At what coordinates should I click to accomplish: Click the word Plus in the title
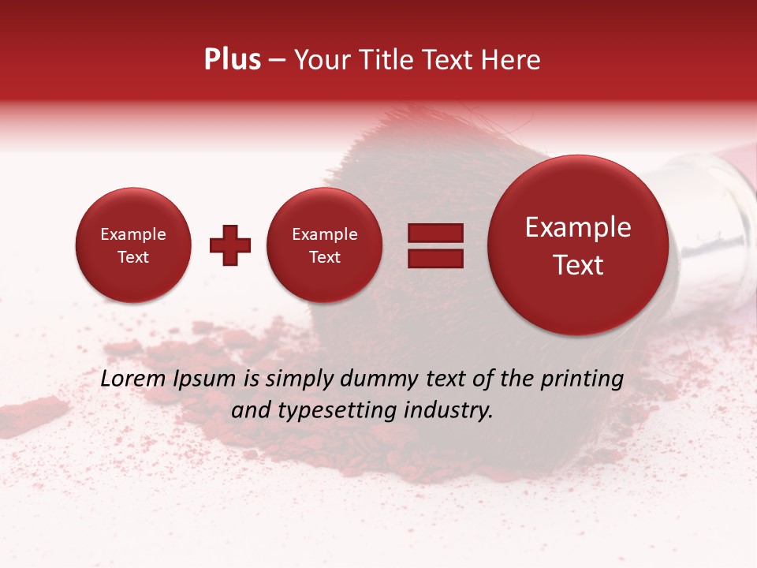click(x=233, y=60)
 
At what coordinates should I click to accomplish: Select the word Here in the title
click(x=511, y=60)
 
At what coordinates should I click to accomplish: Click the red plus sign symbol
click(x=230, y=245)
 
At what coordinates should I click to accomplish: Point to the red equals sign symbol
click(x=434, y=245)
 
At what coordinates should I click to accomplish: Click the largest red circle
click(x=578, y=245)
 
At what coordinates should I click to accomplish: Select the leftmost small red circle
click(x=132, y=245)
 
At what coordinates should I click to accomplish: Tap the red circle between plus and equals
click(x=324, y=245)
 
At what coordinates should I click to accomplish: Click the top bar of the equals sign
click(x=434, y=233)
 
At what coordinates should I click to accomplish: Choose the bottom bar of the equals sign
click(x=434, y=258)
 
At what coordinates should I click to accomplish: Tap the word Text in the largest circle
click(x=578, y=265)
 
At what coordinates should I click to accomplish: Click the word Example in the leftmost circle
click(x=132, y=234)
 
